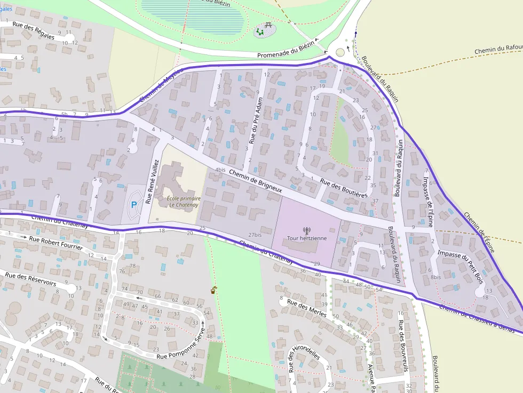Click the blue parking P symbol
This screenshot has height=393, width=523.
pyautogui.click(x=133, y=203)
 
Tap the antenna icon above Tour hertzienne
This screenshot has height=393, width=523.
pyautogui.click(x=306, y=230)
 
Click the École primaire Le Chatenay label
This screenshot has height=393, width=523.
pyautogui.click(x=180, y=201)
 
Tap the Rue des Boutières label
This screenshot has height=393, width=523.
pyautogui.click(x=344, y=189)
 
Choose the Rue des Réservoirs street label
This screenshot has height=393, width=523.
pyautogui.click(x=30, y=280)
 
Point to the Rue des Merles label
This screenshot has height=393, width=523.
pyautogui.click(x=306, y=308)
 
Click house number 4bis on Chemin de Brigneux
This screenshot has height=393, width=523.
pyautogui.click(x=220, y=170)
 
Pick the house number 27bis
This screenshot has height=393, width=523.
pyautogui.click(x=255, y=235)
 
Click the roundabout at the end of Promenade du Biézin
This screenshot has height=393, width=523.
pyautogui.click(x=339, y=52)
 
